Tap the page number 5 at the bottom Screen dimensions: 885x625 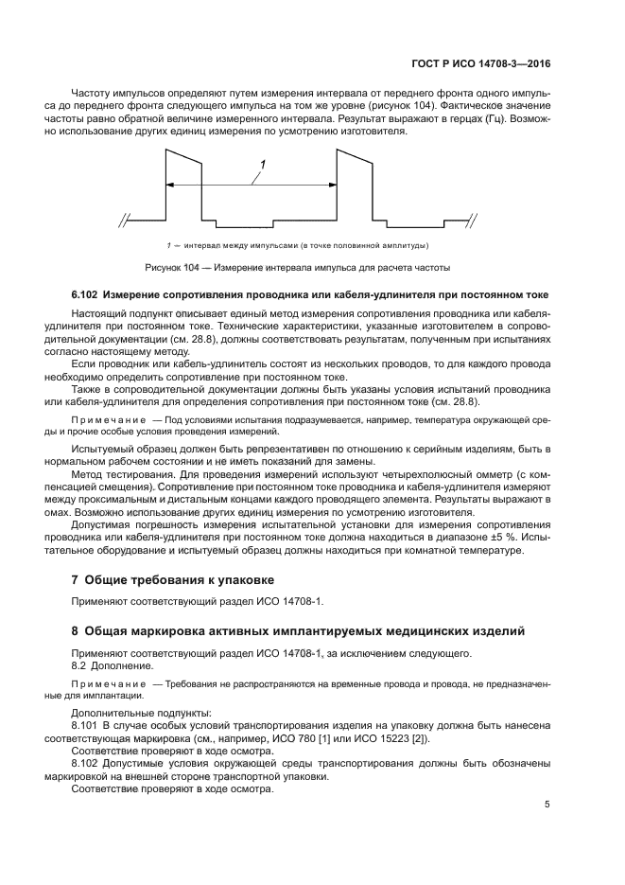(x=547, y=805)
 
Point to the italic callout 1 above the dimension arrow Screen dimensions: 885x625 (x=263, y=166)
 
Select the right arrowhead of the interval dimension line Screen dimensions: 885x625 (x=332, y=184)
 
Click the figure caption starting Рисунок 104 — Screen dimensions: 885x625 (x=297, y=266)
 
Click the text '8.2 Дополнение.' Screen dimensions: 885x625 (x=112, y=666)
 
